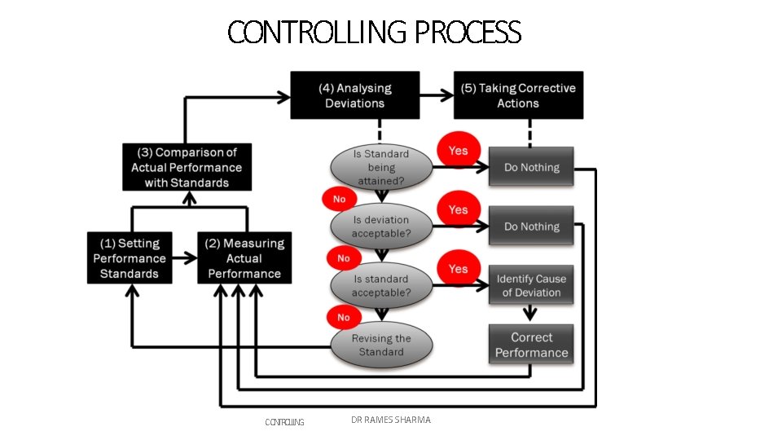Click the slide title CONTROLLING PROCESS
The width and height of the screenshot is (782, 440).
point(374,33)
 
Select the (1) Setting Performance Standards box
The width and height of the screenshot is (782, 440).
point(130,258)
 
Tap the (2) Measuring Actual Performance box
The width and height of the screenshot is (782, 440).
point(244,258)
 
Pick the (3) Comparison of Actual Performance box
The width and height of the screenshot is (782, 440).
point(187,168)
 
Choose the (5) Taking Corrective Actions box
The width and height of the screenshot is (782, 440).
point(518,95)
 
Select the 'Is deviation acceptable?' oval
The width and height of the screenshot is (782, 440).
point(380,227)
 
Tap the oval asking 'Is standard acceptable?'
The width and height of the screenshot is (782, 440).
point(380,286)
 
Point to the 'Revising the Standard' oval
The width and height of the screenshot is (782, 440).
point(380,345)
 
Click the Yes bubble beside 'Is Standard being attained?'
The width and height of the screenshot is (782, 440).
point(459,151)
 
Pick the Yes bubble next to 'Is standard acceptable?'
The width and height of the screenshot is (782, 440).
point(459,269)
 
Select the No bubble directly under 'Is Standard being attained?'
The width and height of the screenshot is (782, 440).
point(339,199)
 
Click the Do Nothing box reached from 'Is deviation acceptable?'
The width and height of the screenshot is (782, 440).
point(531,227)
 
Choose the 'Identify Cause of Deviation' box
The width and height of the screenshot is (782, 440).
point(531,285)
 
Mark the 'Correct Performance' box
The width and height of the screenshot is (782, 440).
point(531,345)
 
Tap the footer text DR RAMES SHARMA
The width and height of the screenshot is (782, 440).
point(391,420)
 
